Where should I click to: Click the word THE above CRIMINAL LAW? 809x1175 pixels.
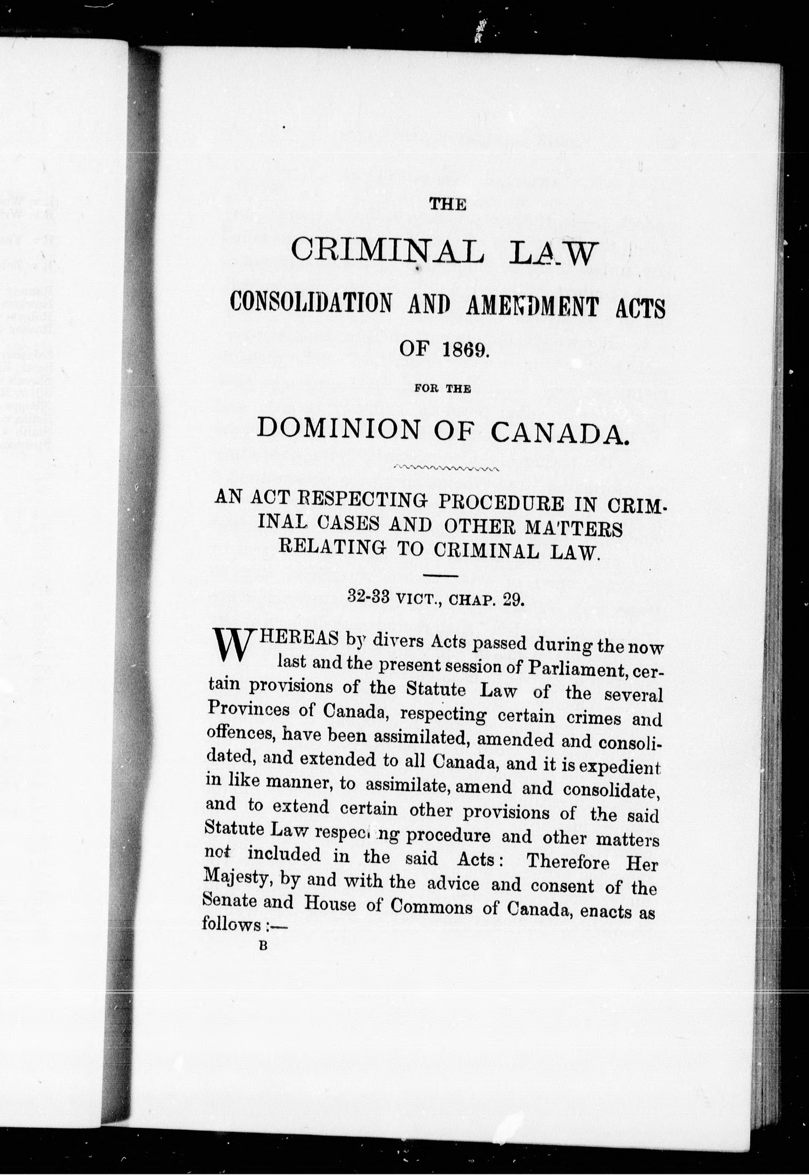447,204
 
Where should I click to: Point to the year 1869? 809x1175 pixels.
462,350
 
